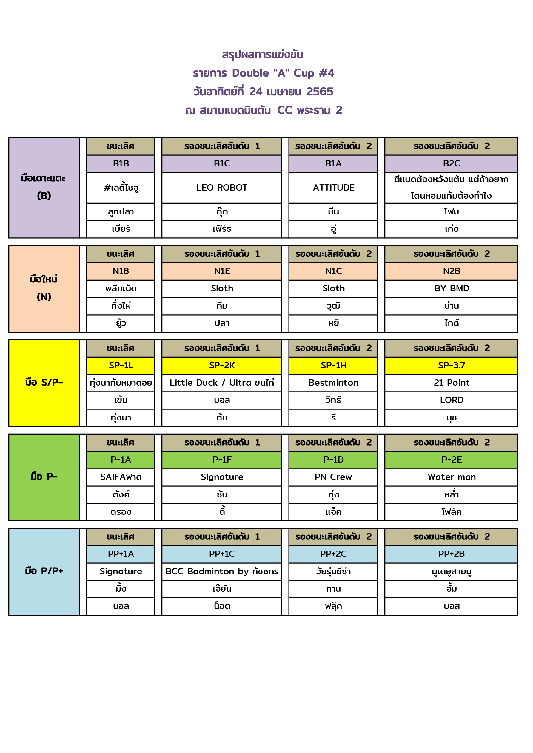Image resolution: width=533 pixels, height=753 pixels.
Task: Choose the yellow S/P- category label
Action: point(44,382)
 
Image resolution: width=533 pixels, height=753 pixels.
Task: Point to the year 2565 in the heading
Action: point(320,92)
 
